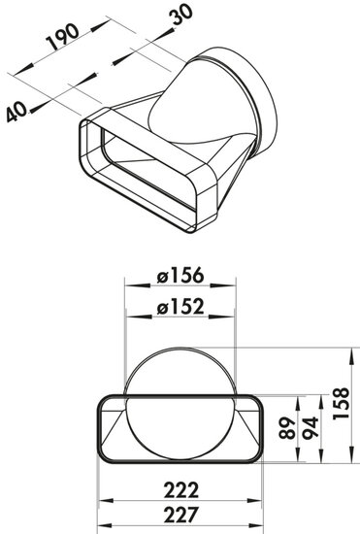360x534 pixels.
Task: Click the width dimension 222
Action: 180,489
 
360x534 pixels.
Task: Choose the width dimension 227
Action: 180,515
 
